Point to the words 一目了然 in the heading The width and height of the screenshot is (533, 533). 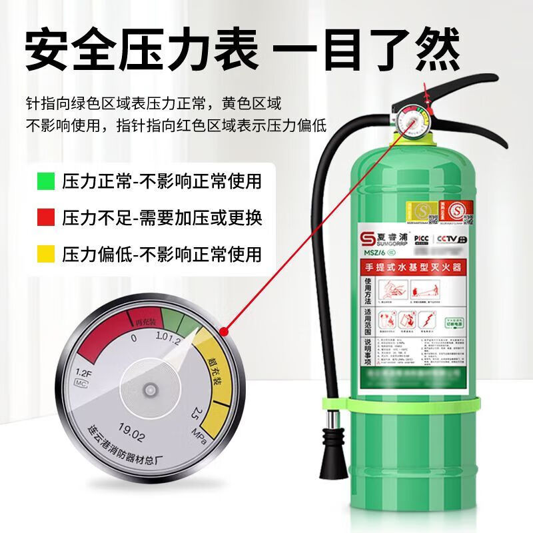tap(377, 50)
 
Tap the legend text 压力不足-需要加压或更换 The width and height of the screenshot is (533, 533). tap(161, 217)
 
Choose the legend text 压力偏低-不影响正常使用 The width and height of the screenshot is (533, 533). tap(161, 254)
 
